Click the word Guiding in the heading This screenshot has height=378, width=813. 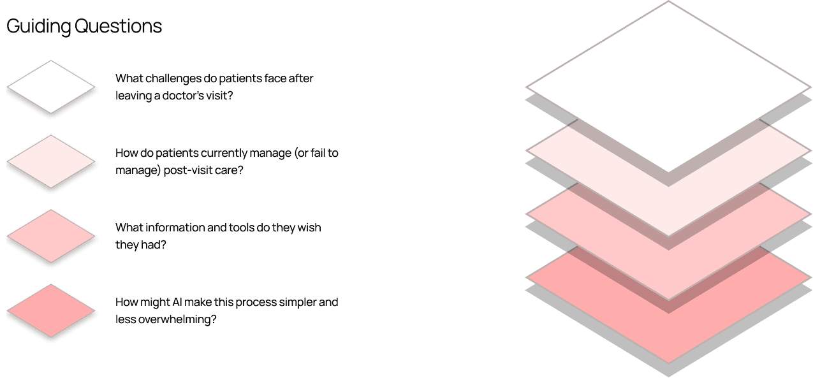coord(39,27)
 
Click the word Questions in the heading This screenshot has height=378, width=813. coord(118,27)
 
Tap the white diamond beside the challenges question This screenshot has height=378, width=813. coord(51,87)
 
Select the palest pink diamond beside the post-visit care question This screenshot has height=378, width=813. coord(51,161)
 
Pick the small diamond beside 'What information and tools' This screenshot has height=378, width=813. coord(51,236)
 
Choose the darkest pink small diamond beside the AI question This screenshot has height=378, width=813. coord(51,310)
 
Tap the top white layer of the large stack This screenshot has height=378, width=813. coord(668,76)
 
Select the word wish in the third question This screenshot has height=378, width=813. coord(309,228)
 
